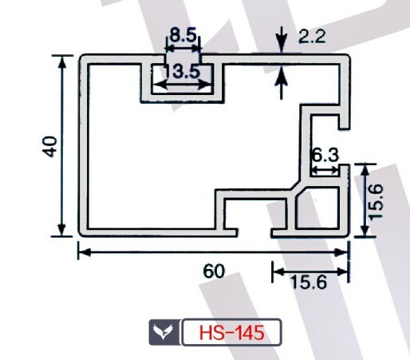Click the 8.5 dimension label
[x=183, y=35]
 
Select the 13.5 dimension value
[x=181, y=71]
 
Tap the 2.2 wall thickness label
[x=312, y=36]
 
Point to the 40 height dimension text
[x=50, y=146]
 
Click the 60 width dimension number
[x=214, y=271]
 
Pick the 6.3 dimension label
[x=325, y=155]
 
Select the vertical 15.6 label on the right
[x=376, y=201]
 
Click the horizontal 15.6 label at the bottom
[x=309, y=282]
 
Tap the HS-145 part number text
[x=231, y=333]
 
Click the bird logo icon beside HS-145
[x=164, y=332]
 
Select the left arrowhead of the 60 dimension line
[x=85, y=252]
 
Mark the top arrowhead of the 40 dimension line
[x=62, y=62]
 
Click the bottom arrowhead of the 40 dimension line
[x=62, y=230]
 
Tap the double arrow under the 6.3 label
[x=325, y=170]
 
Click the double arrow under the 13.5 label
[x=183, y=85]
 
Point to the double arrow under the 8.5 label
[x=183, y=49]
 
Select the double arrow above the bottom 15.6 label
[x=310, y=271]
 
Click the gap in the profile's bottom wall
[x=254, y=232]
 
